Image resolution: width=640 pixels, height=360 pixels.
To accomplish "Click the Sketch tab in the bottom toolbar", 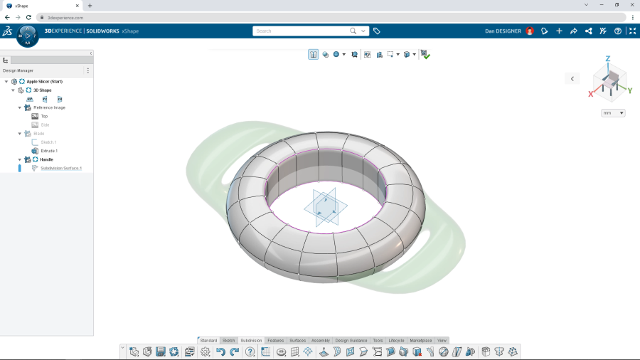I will pos(228,341).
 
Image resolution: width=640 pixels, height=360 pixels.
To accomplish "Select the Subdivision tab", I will pos(251,341).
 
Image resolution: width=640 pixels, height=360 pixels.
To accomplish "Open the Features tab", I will pos(275,341).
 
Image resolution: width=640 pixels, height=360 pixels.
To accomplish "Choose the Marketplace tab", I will pos(420,341).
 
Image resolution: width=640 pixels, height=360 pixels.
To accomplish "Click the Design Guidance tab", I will pos(351,341).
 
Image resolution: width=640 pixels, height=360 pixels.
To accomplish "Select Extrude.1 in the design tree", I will pos(49,151).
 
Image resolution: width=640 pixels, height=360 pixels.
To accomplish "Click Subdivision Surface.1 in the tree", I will pos(61,169).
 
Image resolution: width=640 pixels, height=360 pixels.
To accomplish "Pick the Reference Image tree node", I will pos(49,107).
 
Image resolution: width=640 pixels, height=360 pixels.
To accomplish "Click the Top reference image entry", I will pos(44,116).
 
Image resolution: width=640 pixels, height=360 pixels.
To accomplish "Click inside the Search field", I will pos(302,31).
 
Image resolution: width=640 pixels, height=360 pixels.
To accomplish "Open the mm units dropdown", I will pos(613,113).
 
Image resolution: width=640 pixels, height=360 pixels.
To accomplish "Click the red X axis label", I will pos(591,94).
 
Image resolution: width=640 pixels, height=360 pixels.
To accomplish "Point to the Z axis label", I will pos(608,59).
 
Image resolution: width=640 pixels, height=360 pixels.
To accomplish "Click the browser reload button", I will pos(28,17).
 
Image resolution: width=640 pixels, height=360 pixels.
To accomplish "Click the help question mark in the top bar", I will pos(618,31).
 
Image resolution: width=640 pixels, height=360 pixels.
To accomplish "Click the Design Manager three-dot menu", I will pos(88,70).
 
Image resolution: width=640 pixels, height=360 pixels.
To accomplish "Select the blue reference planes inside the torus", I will pos(325,208).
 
